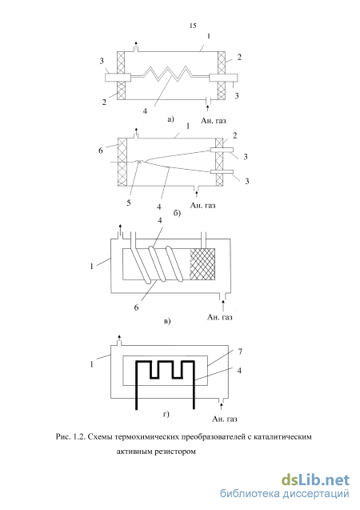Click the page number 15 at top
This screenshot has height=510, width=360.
[x=193, y=26]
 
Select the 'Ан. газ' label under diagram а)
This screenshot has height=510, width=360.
[x=213, y=121]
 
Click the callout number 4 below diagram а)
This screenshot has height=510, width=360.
[x=145, y=111]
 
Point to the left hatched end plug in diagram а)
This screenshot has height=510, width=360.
[x=121, y=75]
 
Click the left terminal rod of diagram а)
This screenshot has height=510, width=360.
[x=118, y=77]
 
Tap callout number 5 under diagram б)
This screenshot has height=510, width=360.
[x=129, y=203]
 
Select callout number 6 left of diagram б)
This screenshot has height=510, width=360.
[x=100, y=151]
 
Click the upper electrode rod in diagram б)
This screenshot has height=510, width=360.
[x=222, y=150]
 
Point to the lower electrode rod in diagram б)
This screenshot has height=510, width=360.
[x=222, y=171]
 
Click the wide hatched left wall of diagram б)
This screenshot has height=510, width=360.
[x=122, y=163]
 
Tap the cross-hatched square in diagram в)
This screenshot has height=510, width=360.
[x=202, y=264]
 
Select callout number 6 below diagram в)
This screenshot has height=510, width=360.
[x=136, y=307]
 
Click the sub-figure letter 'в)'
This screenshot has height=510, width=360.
[x=167, y=321]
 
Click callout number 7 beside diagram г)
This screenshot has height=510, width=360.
[x=240, y=351]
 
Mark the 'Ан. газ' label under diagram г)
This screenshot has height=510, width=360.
[x=225, y=419]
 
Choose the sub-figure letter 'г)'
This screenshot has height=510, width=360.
[x=166, y=415]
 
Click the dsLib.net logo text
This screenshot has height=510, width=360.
[x=315, y=480]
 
